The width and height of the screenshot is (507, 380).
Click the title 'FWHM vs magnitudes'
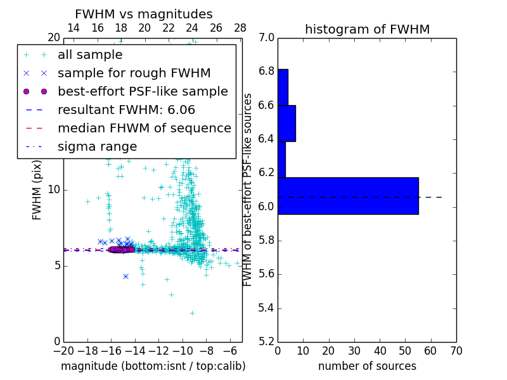[x=143, y=14]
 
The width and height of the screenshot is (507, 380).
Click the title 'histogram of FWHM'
[x=367, y=29]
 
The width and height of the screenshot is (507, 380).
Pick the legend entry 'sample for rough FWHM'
[x=134, y=73]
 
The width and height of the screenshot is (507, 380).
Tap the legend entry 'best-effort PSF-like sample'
[x=143, y=91]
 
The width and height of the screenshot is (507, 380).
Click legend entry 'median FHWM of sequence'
[x=144, y=128]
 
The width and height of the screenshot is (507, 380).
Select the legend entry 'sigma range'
[x=97, y=147]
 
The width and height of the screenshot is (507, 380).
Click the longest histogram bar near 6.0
[x=348, y=196]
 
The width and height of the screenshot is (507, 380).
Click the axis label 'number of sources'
[x=367, y=366]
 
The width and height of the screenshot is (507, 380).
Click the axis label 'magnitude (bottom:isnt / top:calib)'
[x=153, y=366]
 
